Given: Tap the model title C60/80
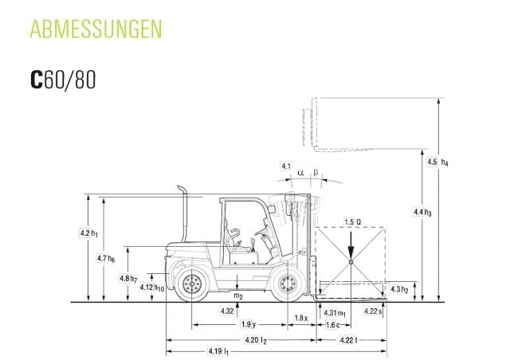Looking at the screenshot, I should [x=63, y=80].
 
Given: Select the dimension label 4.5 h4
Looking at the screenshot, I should [x=437, y=162].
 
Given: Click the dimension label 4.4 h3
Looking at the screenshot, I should [x=422, y=212].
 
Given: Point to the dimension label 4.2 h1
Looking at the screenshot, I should [x=88, y=233].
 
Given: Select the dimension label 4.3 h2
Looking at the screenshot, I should [x=399, y=288].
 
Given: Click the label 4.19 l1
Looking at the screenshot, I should [x=216, y=350].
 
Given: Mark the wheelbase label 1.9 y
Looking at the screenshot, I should [x=247, y=324].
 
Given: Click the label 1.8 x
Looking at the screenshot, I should [x=300, y=318].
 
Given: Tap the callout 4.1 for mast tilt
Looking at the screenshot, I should [x=285, y=166].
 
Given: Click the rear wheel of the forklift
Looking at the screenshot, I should [x=191, y=283].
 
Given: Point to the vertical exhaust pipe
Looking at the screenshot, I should [x=183, y=213].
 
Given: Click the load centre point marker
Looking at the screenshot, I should [x=351, y=262].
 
